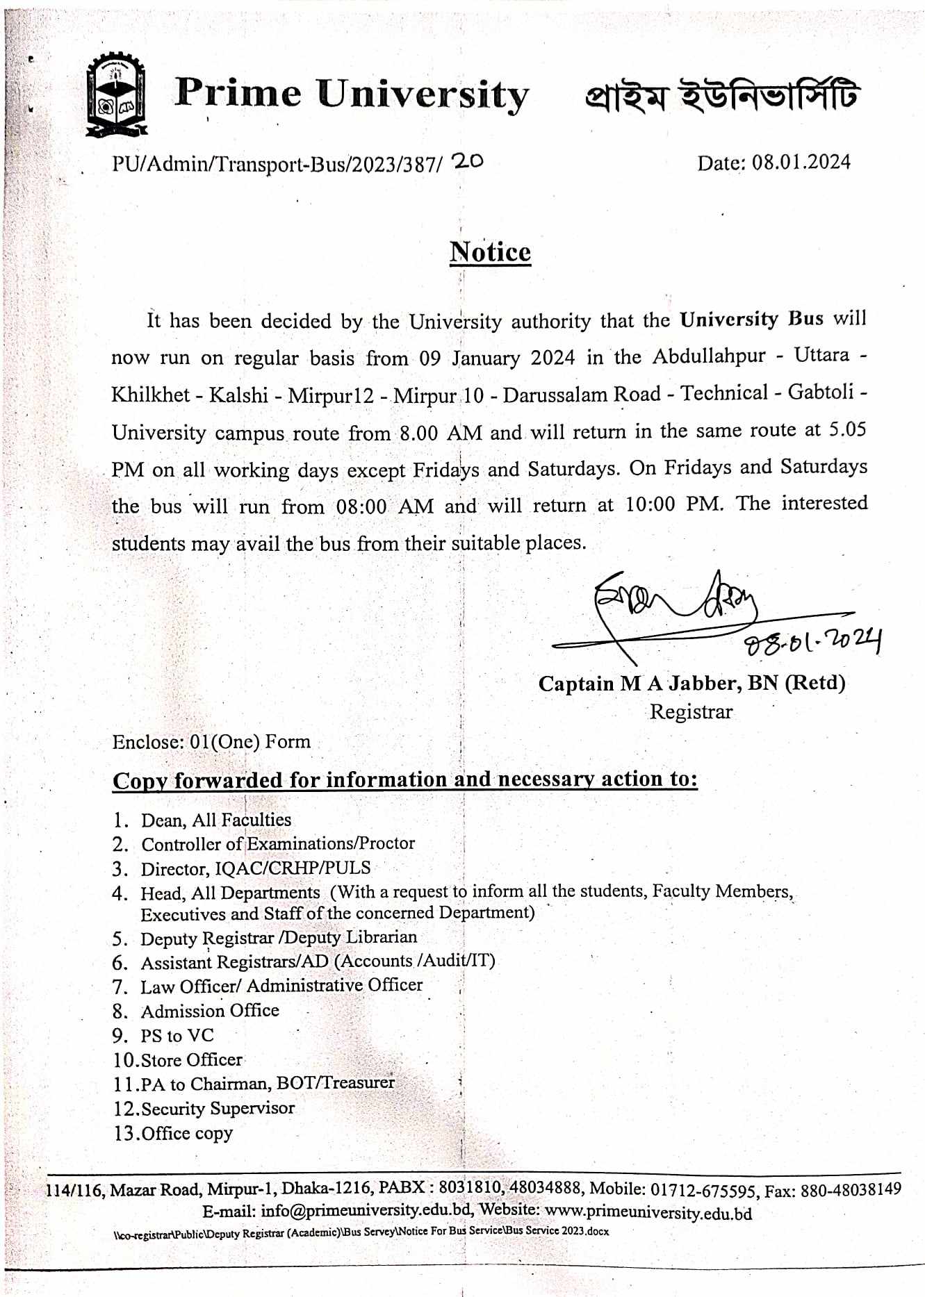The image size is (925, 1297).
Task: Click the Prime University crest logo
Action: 116,94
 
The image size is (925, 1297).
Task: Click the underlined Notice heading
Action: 490,252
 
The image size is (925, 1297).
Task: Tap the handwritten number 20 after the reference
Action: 467,162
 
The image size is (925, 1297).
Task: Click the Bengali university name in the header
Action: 721,96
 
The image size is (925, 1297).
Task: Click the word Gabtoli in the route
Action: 820,393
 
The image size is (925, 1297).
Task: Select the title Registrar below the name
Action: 691,712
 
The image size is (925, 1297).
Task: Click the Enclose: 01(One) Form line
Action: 211,742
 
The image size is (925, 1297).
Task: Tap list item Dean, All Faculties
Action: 216,820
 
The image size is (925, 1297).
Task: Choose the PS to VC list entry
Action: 177,1036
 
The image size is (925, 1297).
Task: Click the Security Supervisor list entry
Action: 218,1109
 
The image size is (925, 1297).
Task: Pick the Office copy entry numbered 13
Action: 186,1134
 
